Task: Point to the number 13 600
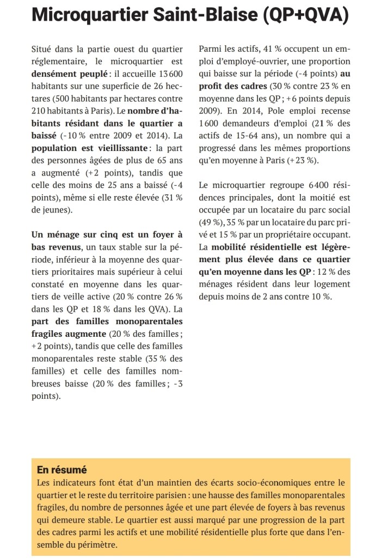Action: (x=169, y=72)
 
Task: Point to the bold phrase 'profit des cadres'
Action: (x=231, y=86)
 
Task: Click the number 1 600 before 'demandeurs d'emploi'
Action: (x=210, y=123)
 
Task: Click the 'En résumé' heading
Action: (x=62, y=469)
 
